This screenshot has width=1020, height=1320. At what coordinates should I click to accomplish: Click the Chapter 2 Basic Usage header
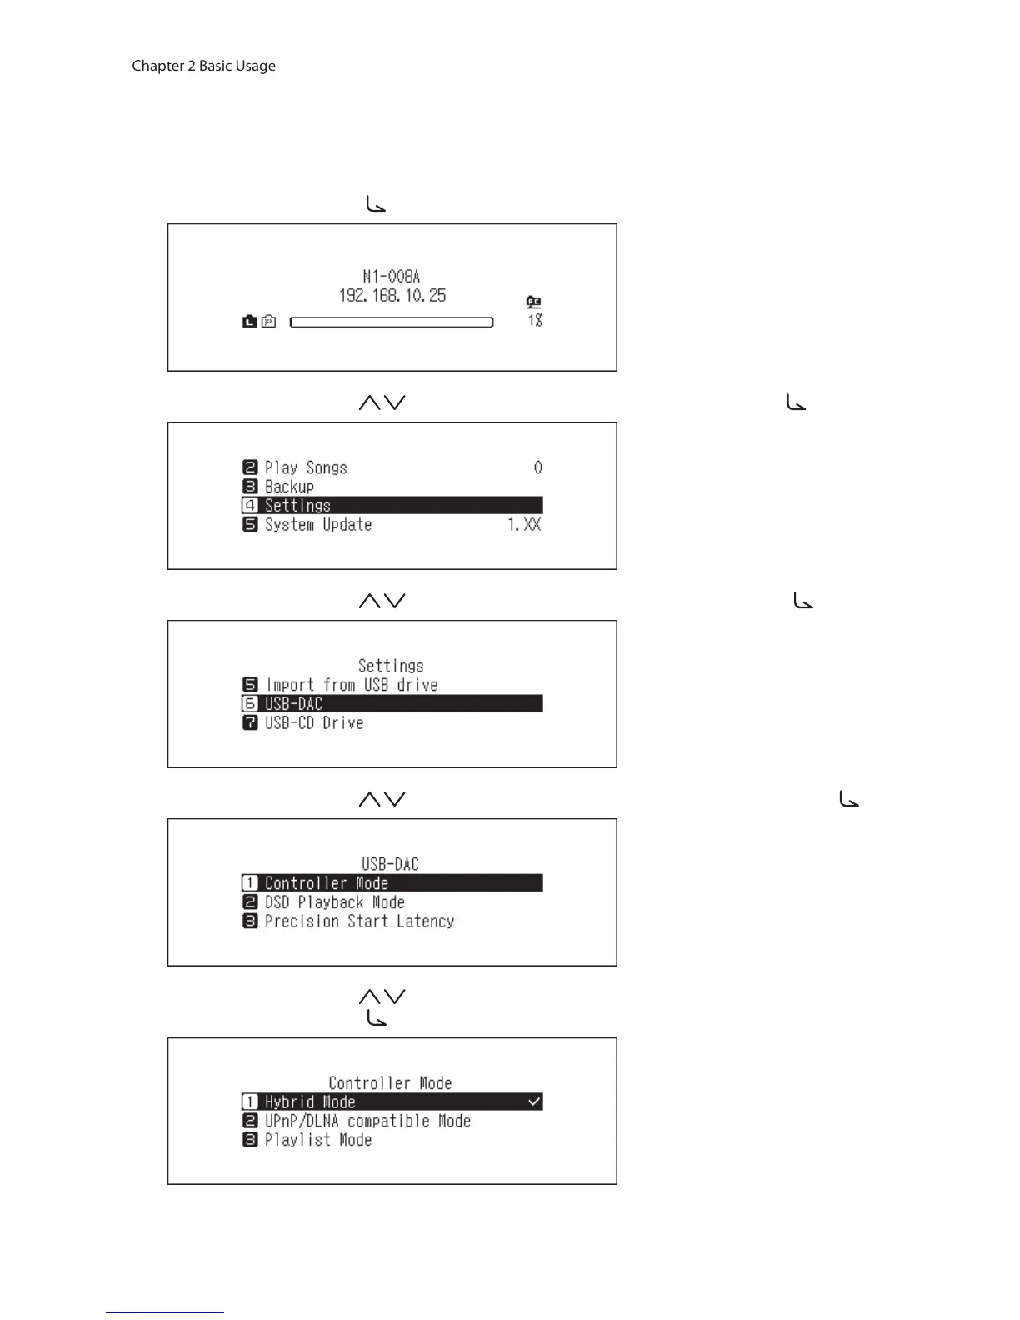(203, 66)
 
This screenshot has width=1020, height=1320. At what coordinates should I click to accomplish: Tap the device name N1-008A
(391, 276)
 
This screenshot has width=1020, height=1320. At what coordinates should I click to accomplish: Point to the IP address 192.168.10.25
(392, 295)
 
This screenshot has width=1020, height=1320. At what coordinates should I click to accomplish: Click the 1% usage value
(535, 320)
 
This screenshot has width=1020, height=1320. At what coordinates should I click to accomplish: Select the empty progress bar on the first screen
(392, 322)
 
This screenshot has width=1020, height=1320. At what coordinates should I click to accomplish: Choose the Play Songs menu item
(305, 467)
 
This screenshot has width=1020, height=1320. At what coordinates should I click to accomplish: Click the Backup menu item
(289, 487)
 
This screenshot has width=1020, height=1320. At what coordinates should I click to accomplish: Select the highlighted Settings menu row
(392, 506)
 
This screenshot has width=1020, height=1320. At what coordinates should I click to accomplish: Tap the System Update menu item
(317, 525)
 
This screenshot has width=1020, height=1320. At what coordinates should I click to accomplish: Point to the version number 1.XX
(524, 525)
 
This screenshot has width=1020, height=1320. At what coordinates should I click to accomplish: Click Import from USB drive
(351, 685)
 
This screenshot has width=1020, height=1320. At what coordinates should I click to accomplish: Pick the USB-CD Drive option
(313, 723)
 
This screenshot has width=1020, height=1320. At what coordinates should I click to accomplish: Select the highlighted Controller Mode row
(392, 883)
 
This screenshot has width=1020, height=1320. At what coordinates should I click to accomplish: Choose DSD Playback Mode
(334, 902)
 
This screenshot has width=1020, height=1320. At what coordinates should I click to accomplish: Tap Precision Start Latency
(359, 922)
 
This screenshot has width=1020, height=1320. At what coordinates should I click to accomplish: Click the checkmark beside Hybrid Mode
(534, 1102)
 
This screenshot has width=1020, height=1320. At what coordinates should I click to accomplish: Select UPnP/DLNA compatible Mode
(367, 1122)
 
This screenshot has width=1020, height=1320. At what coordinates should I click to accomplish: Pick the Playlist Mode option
(317, 1140)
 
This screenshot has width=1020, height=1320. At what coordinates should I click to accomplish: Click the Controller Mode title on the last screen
(390, 1083)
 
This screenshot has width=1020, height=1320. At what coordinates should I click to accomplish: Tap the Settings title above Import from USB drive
(391, 666)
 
